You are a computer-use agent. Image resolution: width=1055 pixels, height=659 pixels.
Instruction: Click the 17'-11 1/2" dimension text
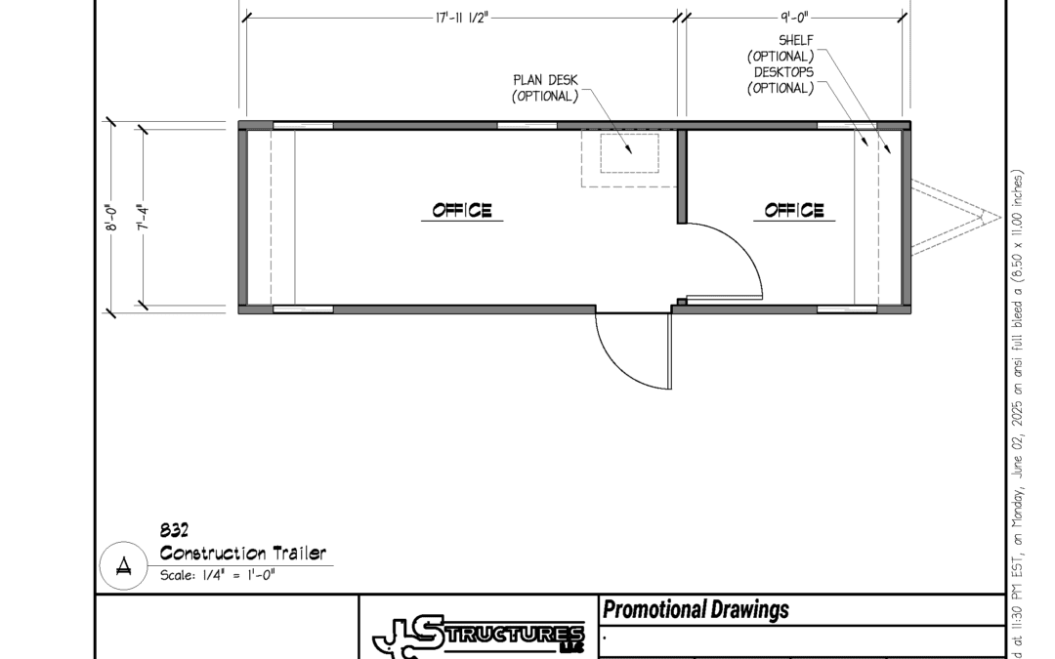coord(461,18)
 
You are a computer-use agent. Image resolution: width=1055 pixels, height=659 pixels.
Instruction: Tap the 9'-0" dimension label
coord(794,18)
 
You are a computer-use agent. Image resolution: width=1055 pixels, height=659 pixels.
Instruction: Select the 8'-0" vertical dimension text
coord(111,218)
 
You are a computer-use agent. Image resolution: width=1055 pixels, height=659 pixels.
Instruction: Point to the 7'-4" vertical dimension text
coord(143,218)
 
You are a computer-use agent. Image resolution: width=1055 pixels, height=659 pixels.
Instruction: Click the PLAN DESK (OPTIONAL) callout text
coord(545,88)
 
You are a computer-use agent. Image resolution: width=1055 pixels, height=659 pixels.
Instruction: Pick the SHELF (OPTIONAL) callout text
coord(781,49)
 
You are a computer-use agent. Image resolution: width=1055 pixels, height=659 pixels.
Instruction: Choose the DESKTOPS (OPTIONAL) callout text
coord(781,80)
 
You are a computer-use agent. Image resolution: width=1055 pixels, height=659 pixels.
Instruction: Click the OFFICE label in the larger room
coord(462,211)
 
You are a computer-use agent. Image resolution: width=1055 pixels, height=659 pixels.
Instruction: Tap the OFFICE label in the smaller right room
coord(794,211)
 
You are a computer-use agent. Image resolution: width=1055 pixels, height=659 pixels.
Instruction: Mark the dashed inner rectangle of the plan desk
coord(630,134)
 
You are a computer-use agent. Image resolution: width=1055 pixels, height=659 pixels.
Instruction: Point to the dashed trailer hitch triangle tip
coord(1000,217)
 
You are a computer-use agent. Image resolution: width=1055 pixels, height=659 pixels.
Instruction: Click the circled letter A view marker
coord(124,565)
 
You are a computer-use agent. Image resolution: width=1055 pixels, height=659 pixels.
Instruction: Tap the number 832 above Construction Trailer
coord(174,530)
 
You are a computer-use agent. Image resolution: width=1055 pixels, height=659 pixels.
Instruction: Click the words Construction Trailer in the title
coord(243,554)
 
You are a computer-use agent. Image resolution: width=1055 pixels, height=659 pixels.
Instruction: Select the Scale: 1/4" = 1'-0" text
coord(217,575)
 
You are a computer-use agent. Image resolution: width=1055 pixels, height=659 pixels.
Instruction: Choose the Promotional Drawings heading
coord(696,609)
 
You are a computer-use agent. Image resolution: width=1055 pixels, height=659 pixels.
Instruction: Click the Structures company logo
coord(479,636)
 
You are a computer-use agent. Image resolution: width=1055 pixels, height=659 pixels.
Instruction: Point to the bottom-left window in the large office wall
coord(303,309)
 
